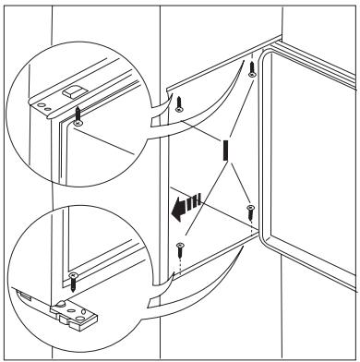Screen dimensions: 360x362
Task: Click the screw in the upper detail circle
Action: click(x=78, y=116)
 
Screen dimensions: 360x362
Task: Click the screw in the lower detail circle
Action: click(x=73, y=282)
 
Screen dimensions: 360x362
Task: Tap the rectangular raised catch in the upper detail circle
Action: click(x=72, y=91)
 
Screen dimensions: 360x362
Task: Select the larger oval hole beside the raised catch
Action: click(x=40, y=105)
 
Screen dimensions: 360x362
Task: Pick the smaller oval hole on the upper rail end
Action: click(x=47, y=109)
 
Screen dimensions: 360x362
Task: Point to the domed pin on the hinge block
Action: click(x=61, y=303)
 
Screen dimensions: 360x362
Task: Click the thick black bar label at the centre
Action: click(x=225, y=150)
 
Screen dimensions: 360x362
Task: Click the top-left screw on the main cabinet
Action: click(x=179, y=104)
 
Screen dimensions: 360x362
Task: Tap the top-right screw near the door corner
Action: click(x=252, y=69)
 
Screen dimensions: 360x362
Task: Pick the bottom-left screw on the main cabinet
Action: click(x=180, y=251)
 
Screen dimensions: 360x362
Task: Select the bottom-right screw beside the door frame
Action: click(x=251, y=212)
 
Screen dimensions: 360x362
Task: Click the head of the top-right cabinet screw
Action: click(x=253, y=75)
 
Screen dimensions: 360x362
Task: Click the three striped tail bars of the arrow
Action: click(x=194, y=200)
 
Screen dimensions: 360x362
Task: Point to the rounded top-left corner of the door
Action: click(x=265, y=54)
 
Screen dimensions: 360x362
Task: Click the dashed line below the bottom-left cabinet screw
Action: click(x=181, y=266)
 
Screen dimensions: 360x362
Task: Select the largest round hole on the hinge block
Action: click(x=81, y=319)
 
